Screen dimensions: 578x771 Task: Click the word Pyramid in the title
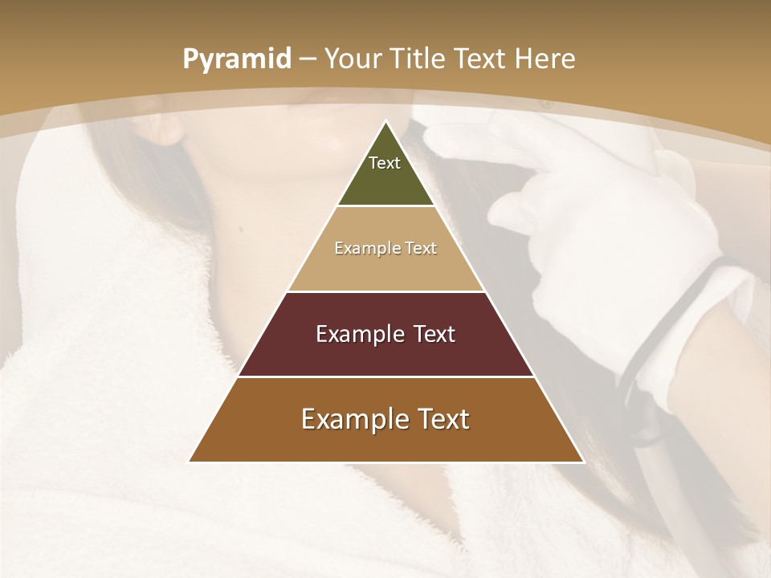(236, 59)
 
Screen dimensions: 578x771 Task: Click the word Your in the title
(353, 59)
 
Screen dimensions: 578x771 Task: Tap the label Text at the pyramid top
(385, 163)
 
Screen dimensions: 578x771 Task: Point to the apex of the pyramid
(385, 122)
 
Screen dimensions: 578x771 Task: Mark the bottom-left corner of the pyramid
(190, 462)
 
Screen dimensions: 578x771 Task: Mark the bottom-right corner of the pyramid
(582, 462)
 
